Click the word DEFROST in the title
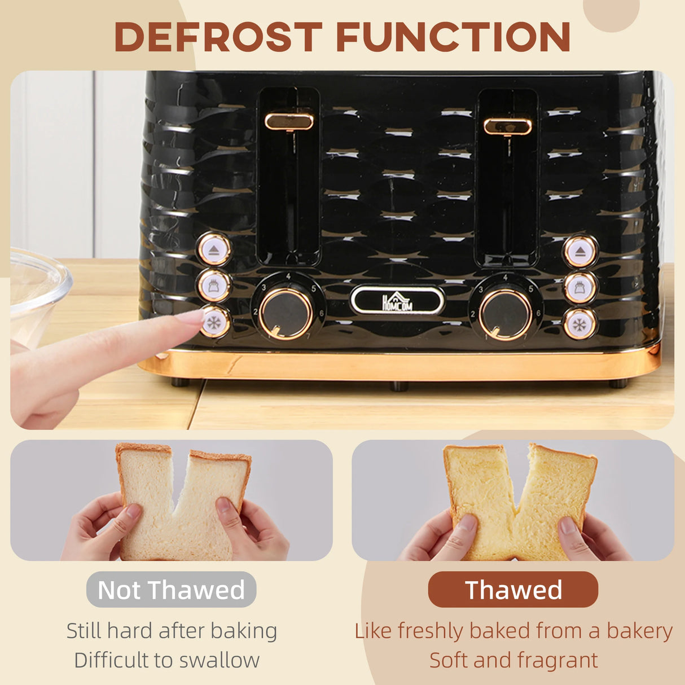pyautogui.click(x=218, y=37)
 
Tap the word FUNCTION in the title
pyautogui.click(x=453, y=37)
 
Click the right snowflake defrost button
pyautogui.click(x=579, y=324)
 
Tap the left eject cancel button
pyautogui.click(x=214, y=249)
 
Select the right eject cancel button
pyautogui.click(x=580, y=251)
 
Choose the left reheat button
pyautogui.click(x=214, y=286)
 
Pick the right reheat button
pyautogui.click(x=580, y=288)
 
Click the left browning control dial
pyautogui.click(x=287, y=314)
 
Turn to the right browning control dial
pyautogui.click(x=505, y=315)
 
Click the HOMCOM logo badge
pyautogui.click(x=397, y=300)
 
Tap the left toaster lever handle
pyautogui.click(x=289, y=121)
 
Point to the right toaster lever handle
pyautogui.click(x=507, y=126)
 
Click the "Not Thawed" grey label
pyautogui.click(x=171, y=590)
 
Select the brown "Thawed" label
pyautogui.click(x=513, y=590)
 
